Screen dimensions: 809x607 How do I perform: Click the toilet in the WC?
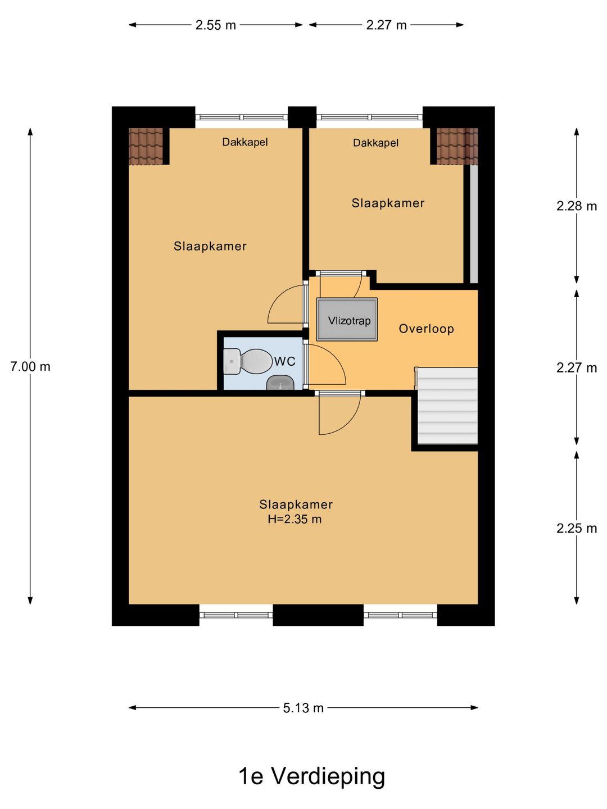[248, 361]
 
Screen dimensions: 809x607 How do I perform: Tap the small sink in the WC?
[280, 383]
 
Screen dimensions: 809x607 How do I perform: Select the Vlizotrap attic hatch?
[347, 320]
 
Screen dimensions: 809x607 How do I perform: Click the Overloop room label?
[426, 329]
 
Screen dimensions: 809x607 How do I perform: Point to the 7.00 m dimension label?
[30, 367]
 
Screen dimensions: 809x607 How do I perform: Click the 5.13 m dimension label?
[303, 708]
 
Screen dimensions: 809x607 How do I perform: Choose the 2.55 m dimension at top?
[216, 25]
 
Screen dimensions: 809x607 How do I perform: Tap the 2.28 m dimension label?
[576, 206]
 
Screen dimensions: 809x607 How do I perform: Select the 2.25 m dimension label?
[576, 529]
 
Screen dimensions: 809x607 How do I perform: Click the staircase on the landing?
[447, 406]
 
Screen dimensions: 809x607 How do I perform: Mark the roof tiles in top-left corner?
[146, 147]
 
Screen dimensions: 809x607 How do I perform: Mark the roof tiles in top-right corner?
[457, 147]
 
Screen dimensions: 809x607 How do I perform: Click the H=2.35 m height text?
[295, 520]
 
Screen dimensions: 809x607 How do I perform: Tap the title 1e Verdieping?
[311, 776]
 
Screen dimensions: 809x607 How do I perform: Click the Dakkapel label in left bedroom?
[244, 142]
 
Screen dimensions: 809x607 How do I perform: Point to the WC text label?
[285, 361]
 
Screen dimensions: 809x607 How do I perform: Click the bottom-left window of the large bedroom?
[236, 615]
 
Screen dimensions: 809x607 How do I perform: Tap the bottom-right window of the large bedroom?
[400, 615]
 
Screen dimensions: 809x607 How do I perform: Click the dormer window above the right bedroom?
[369, 117]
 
